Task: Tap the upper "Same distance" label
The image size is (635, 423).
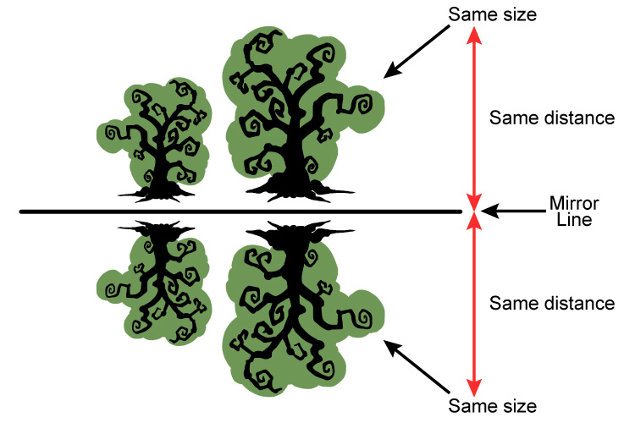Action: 552,118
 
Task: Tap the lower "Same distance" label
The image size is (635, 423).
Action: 552,303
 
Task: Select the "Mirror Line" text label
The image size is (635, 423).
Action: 574,211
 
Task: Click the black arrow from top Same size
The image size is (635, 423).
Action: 417,50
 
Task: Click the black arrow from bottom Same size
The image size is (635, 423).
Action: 417,371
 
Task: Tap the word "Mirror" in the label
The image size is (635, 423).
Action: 574,203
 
